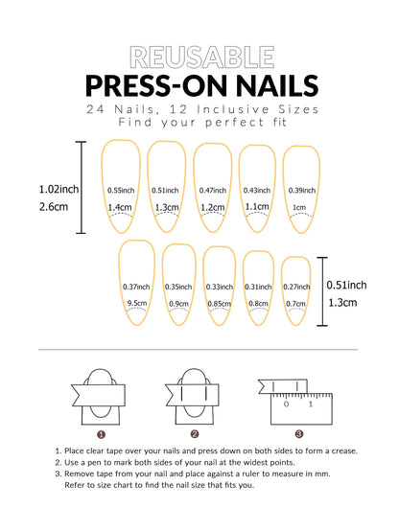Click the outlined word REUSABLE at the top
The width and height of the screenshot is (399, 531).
point(199,57)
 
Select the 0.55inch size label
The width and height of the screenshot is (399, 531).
point(120,190)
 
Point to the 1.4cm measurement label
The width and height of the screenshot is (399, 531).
point(120,207)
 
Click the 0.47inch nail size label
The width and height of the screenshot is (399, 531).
point(212,190)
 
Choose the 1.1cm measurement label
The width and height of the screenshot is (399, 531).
point(257,206)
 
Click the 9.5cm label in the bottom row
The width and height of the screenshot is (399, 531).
point(137,303)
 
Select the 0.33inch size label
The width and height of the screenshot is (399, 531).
point(220,287)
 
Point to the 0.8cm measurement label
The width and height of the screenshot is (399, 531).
point(258,303)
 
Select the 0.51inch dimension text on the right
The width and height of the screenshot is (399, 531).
point(346,285)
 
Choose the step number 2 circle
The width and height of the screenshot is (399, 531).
point(194,434)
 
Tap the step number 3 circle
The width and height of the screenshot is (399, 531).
point(298,434)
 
